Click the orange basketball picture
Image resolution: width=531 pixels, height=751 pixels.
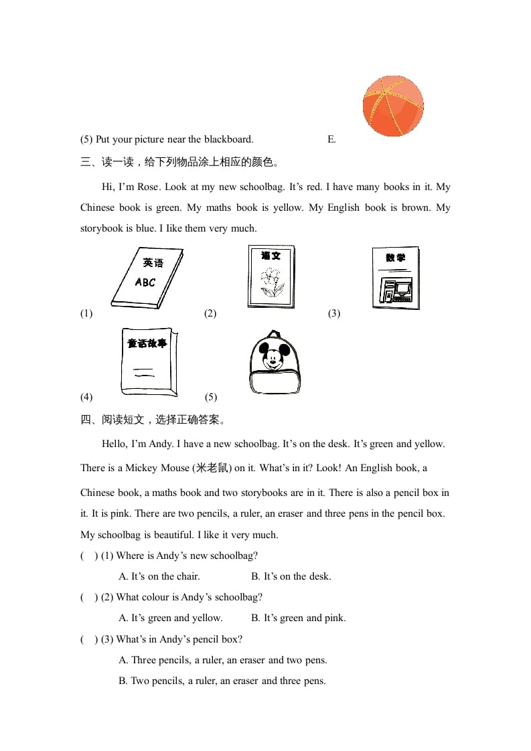(x=393, y=106)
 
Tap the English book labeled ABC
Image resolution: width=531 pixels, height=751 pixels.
(x=147, y=278)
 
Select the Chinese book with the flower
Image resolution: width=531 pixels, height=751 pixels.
(x=271, y=276)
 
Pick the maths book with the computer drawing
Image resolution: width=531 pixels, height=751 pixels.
(x=396, y=278)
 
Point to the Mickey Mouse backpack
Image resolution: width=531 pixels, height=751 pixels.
(x=274, y=362)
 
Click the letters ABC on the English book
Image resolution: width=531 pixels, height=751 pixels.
(x=145, y=282)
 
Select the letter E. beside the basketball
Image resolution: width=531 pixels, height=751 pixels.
(x=331, y=139)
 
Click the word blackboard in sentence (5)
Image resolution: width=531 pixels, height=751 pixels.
(x=228, y=139)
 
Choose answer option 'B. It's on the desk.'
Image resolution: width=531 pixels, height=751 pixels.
(x=291, y=576)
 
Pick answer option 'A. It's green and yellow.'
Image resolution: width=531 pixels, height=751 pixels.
(x=170, y=618)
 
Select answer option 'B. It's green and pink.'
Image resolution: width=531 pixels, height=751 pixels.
(x=298, y=618)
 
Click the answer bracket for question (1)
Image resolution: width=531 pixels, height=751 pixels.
(x=89, y=556)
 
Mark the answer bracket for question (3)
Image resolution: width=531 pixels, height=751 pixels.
(x=89, y=639)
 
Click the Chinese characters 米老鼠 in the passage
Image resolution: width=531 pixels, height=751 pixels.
(x=212, y=468)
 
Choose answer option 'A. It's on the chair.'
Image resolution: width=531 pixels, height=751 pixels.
(x=159, y=576)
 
